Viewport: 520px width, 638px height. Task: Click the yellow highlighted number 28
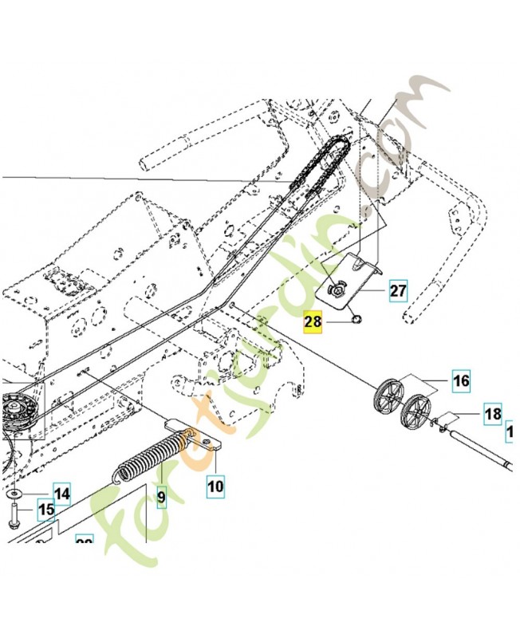click(312, 323)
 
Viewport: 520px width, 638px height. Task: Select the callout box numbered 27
click(398, 291)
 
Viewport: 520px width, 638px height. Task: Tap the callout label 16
click(461, 381)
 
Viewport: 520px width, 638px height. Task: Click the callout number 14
click(62, 494)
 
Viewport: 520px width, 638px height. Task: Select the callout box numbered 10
click(215, 483)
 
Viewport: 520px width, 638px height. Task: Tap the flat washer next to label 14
click(16, 494)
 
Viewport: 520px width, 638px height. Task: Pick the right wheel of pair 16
click(416, 410)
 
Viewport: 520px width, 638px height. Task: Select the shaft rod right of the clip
click(479, 451)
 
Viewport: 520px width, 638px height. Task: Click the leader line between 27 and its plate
click(371, 292)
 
